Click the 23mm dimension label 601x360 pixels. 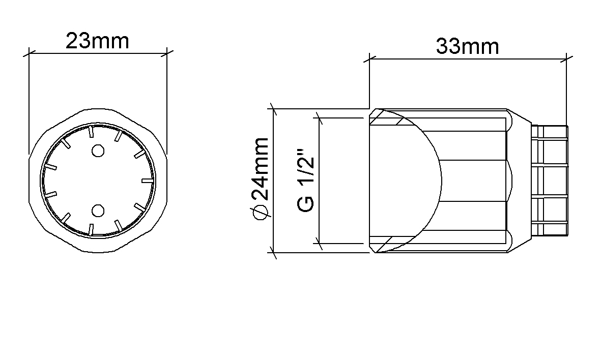pos(97,41)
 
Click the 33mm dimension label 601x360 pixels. pos(467,47)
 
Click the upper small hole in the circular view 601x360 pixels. pos(98,151)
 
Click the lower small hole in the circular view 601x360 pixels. pos(98,211)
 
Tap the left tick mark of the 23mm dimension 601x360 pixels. pos(29,53)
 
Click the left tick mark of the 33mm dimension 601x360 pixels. pos(369,59)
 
